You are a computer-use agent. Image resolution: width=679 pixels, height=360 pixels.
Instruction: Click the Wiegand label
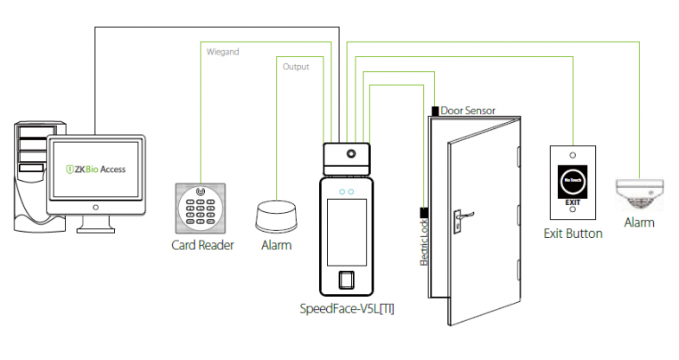click(x=223, y=52)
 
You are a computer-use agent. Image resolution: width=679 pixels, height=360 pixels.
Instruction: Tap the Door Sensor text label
click(x=467, y=111)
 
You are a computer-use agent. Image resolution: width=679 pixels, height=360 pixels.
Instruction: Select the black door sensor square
click(x=433, y=111)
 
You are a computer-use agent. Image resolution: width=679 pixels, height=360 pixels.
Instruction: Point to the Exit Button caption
click(x=573, y=234)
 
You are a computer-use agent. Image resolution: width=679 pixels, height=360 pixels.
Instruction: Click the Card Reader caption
click(x=202, y=245)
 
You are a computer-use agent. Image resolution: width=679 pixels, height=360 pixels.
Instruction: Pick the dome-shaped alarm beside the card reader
click(x=277, y=215)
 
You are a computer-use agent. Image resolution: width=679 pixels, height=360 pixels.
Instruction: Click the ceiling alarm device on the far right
click(x=638, y=193)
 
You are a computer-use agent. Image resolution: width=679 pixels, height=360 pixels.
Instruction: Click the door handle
click(x=463, y=210)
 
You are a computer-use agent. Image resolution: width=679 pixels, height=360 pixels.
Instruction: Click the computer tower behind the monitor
click(x=30, y=177)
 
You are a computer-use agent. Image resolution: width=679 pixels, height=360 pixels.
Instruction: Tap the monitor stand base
click(x=96, y=228)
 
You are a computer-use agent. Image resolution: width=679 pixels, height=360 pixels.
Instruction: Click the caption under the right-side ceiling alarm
click(x=639, y=222)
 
